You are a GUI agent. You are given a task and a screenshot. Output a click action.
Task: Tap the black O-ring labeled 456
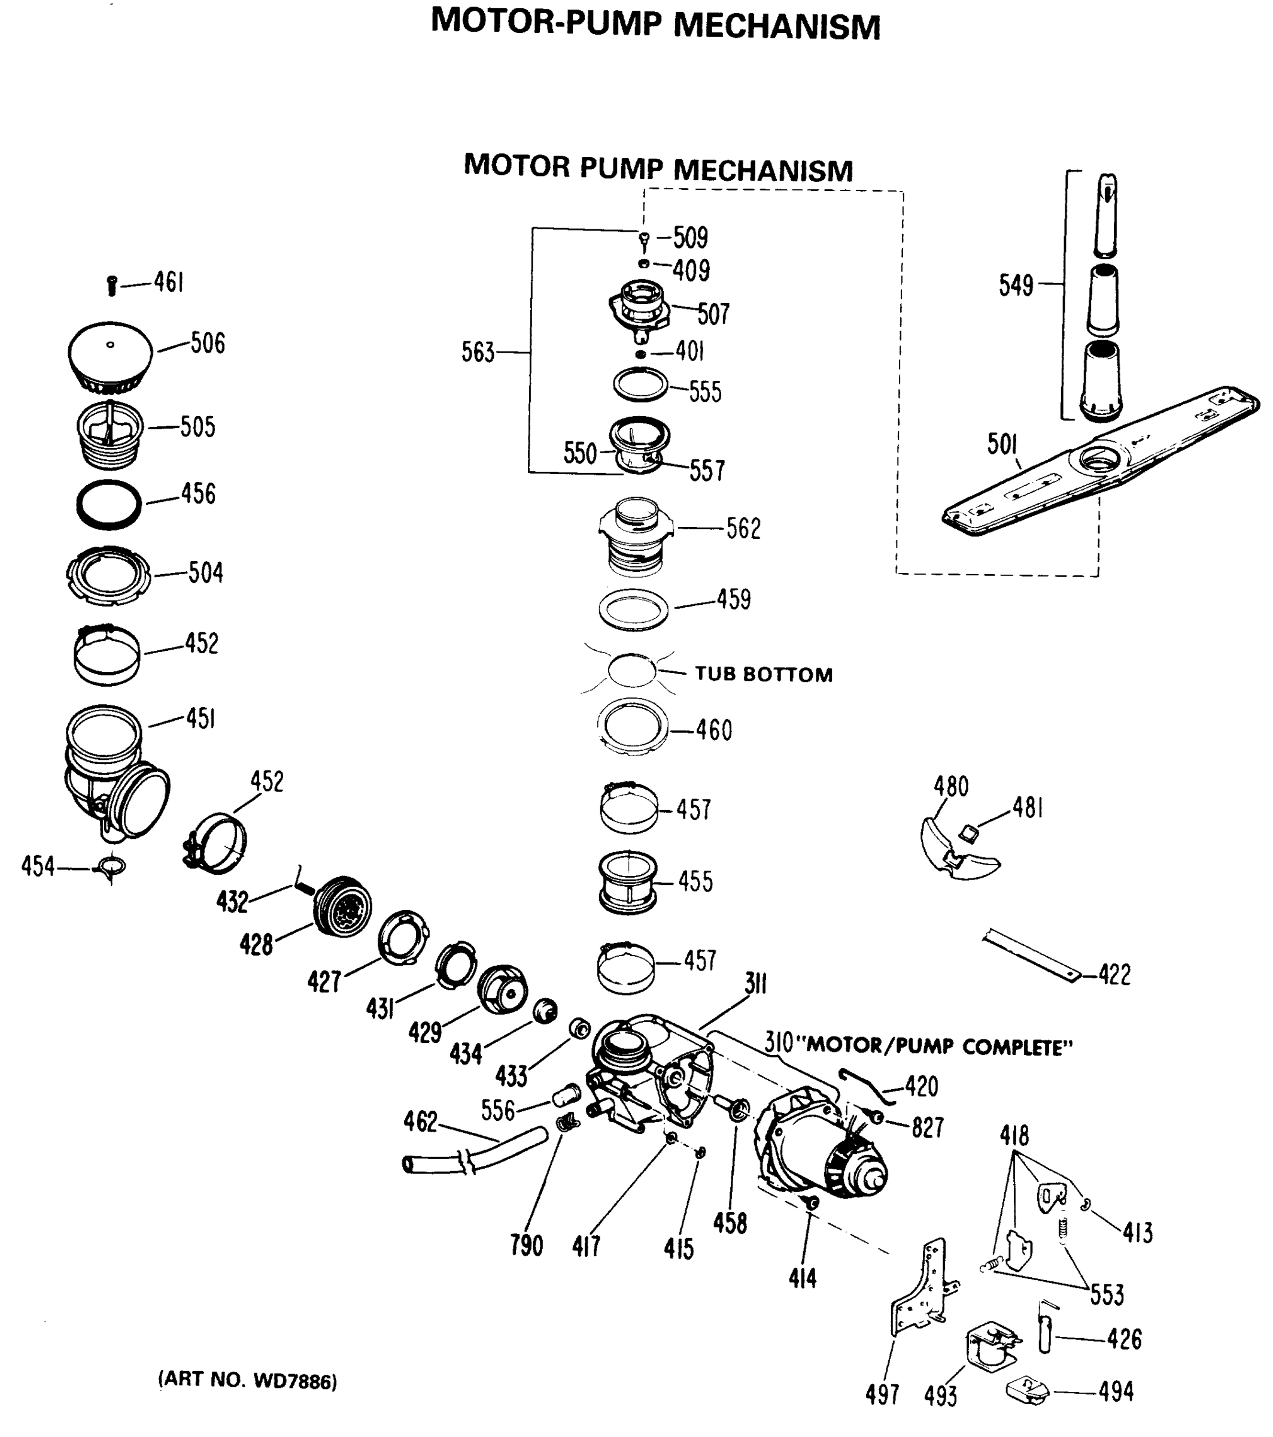point(109,505)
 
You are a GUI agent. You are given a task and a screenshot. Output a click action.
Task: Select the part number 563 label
point(478,352)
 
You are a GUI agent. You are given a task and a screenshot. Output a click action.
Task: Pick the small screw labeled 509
point(644,239)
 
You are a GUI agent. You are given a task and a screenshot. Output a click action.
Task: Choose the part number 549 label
point(1016,286)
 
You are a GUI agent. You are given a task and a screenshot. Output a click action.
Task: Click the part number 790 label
point(527,1246)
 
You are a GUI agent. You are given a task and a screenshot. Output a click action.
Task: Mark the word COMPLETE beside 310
point(1017,1048)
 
